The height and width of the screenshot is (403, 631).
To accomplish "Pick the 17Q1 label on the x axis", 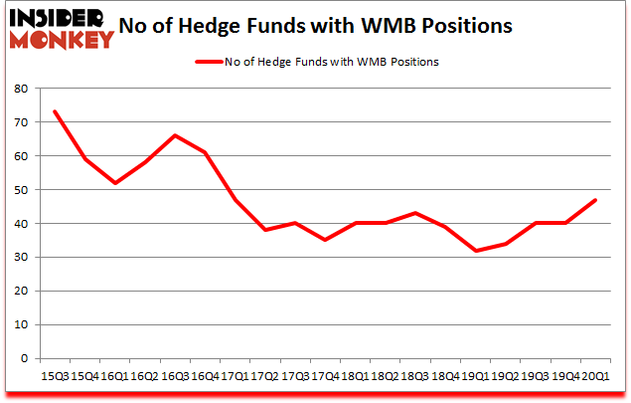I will point(236,376).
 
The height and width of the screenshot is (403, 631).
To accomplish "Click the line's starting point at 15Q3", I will point(54,111).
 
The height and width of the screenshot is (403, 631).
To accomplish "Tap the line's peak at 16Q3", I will point(175,135).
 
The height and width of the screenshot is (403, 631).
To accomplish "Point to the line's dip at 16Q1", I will point(114,183).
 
